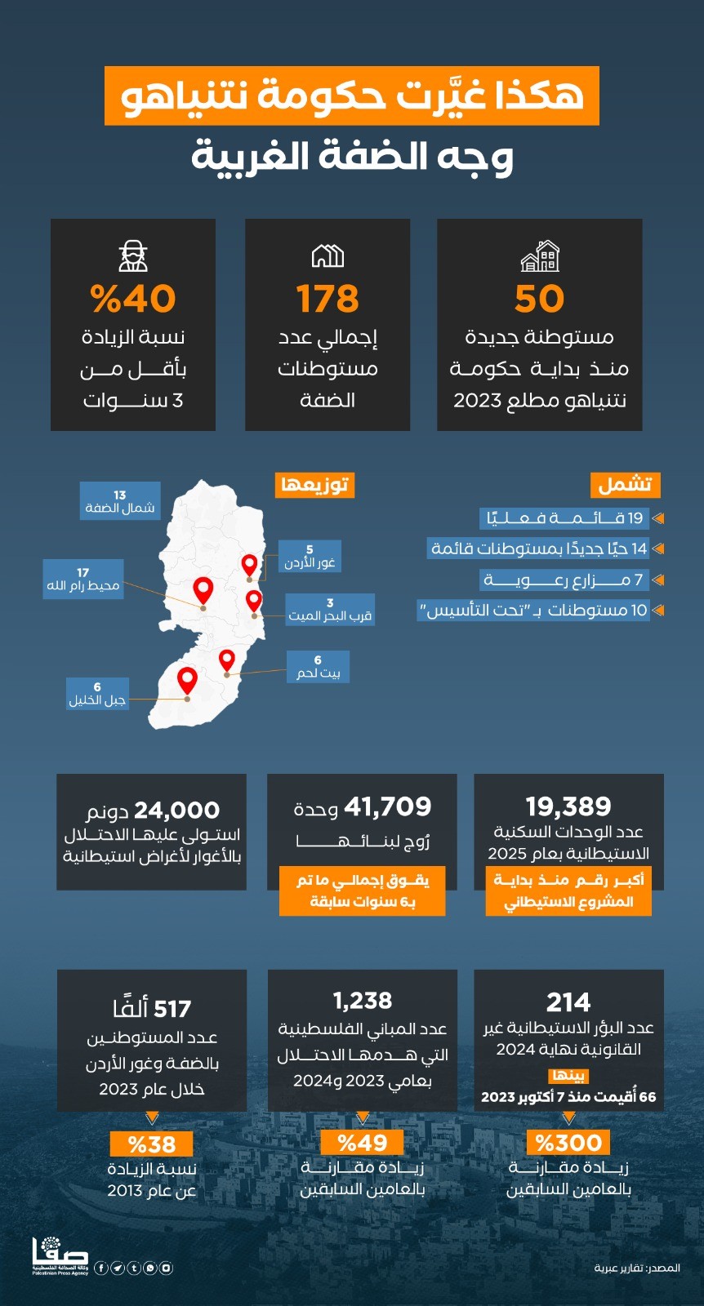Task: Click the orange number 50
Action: pyautogui.click(x=539, y=300)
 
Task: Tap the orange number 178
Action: pyautogui.click(x=327, y=300)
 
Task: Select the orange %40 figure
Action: pyautogui.click(x=133, y=300)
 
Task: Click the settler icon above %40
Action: pyautogui.click(x=133, y=256)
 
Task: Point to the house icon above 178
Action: pyautogui.click(x=327, y=256)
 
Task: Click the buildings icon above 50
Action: pyautogui.click(x=539, y=256)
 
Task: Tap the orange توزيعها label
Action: pyautogui.click(x=315, y=485)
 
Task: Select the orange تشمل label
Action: pyautogui.click(x=625, y=485)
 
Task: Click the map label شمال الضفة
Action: pyautogui.click(x=120, y=502)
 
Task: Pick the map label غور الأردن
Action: pyautogui.click(x=310, y=557)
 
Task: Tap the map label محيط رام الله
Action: pyautogui.click(x=83, y=580)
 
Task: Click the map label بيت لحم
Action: pyautogui.click(x=318, y=667)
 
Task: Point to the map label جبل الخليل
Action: pyautogui.click(x=97, y=694)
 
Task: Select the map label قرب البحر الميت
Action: pyautogui.click(x=330, y=610)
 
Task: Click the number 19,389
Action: pyautogui.click(x=568, y=806)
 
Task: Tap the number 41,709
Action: pyautogui.click(x=387, y=806)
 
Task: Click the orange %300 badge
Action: pyautogui.click(x=568, y=1143)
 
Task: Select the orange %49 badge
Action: pyautogui.click(x=363, y=1143)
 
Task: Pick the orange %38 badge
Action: pyautogui.click(x=152, y=1144)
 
